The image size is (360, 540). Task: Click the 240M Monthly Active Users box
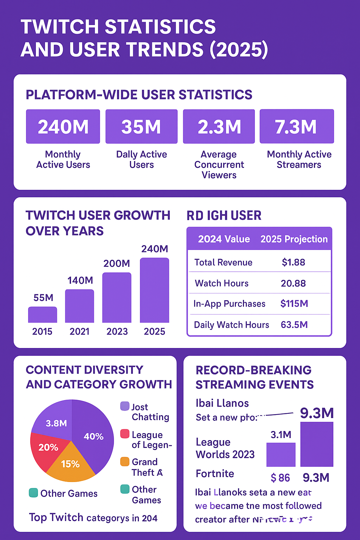(63, 127)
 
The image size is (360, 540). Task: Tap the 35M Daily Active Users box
(141, 127)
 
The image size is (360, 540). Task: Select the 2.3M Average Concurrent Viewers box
(219, 127)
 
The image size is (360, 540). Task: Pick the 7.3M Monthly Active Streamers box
(296, 127)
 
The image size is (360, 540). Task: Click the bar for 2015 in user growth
(43, 315)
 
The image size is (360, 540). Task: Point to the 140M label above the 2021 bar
(80, 280)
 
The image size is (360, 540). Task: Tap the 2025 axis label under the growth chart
(154, 332)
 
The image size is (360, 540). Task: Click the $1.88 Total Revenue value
(293, 262)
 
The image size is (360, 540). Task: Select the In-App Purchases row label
(229, 304)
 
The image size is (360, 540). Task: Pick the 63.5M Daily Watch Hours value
(294, 324)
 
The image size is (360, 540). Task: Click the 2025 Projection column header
(294, 239)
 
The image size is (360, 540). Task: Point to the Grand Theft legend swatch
(125, 462)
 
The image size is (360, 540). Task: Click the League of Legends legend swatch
(125, 434)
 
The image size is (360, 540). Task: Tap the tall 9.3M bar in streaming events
(316, 444)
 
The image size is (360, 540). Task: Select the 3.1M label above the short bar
(281, 435)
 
